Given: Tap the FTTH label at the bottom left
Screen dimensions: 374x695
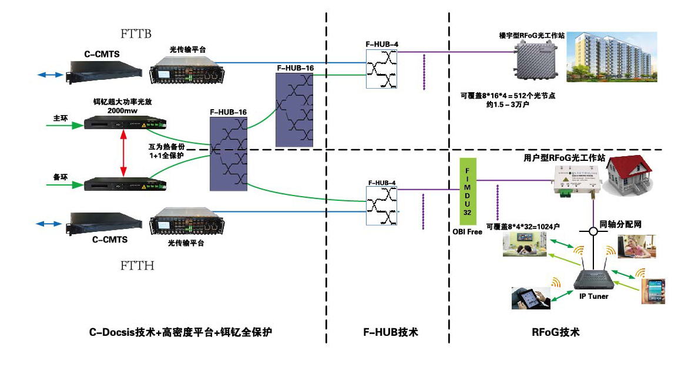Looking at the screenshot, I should pos(137,266).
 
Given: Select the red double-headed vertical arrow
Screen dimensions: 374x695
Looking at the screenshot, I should pos(123,152).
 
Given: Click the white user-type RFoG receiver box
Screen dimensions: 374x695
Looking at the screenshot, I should pos(574,178).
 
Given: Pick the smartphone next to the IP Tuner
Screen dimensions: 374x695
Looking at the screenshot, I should pos(652,292).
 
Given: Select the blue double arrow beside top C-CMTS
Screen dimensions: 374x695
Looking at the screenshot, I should pos(49,75).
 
